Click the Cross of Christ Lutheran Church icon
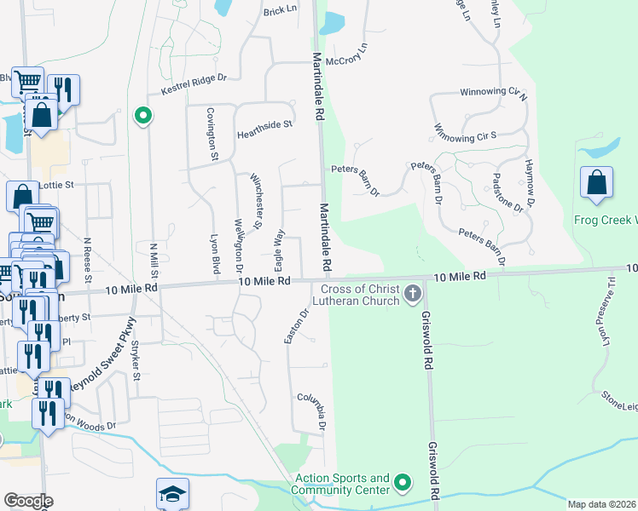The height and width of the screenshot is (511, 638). (413, 295)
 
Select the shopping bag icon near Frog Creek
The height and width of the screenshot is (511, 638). (596, 183)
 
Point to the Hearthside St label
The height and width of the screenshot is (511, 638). (264, 124)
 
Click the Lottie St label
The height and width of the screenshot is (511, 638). (57, 183)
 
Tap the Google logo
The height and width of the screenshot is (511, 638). (27, 501)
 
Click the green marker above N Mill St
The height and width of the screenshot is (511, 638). (143, 114)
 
